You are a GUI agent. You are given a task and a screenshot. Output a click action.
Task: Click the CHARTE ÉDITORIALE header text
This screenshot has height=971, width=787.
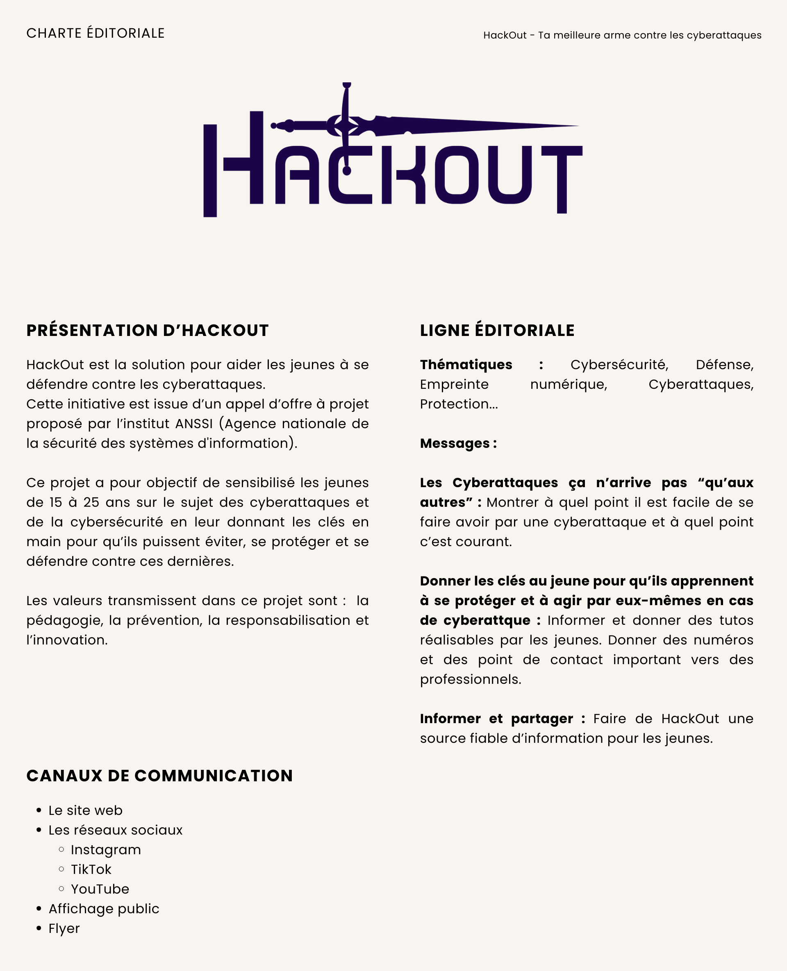tap(95, 33)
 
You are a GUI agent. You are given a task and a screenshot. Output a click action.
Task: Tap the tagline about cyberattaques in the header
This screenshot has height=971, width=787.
tap(622, 35)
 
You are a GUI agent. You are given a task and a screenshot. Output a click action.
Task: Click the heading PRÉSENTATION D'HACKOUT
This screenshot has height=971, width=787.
tap(147, 330)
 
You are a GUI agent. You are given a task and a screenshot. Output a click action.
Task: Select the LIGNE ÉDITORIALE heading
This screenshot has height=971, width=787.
tap(497, 330)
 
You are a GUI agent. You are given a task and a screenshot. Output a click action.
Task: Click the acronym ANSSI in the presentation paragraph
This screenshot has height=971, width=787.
tap(193, 424)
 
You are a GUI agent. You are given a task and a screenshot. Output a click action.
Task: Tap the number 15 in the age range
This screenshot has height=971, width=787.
tap(56, 502)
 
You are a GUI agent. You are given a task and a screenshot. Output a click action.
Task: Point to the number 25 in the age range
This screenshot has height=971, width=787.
tap(91, 502)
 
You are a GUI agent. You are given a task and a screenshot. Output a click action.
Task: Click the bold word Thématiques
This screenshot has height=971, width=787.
tap(466, 365)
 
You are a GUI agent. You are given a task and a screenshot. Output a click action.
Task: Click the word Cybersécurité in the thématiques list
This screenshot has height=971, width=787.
tap(619, 365)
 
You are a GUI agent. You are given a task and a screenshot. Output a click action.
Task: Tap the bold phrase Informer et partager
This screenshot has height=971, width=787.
tap(496, 719)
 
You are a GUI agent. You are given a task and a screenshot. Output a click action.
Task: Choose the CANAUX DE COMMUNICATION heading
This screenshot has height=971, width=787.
tap(159, 776)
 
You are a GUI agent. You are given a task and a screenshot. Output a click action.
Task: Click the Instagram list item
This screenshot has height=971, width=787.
tap(106, 850)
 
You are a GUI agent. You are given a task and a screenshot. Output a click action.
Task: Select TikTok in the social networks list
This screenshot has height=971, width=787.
tap(91, 869)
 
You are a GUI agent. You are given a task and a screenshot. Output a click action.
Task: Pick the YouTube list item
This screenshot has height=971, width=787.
tap(100, 889)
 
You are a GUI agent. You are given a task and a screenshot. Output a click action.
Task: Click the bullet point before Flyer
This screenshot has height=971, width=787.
tap(39, 928)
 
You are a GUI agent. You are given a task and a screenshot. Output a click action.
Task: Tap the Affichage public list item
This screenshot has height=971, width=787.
tap(104, 908)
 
